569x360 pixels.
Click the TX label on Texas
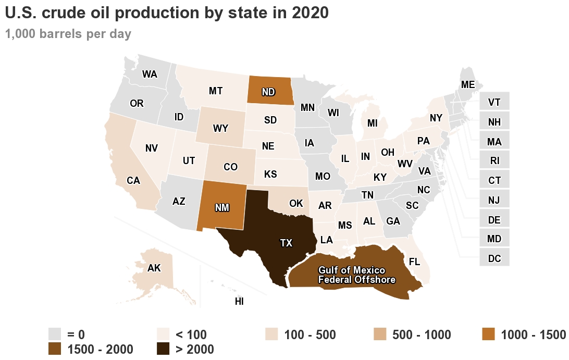pyautogui.click(x=286, y=243)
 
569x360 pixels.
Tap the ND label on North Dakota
pyautogui.click(x=268, y=92)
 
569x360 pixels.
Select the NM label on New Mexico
pyautogui.click(x=222, y=207)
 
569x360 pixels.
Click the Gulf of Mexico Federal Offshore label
pyautogui.click(x=357, y=275)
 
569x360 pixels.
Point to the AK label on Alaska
pyautogui.click(x=154, y=268)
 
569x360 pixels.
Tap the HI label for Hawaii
pyautogui.click(x=239, y=301)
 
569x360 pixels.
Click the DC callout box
pyautogui.click(x=494, y=258)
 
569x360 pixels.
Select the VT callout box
pyautogui.click(x=494, y=102)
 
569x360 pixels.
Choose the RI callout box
pyautogui.click(x=494, y=161)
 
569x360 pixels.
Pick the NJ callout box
pyautogui.click(x=494, y=200)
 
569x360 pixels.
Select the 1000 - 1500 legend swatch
pyautogui.click(x=488, y=334)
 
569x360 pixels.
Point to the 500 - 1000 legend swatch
pyautogui.click(x=380, y=334)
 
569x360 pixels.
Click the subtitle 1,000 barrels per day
pyautogui.click(x=68, y=34)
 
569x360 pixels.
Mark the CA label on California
pyautogui.click(x=133, y=181)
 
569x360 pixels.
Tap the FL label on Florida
pyautogui.click(x=415, y=261)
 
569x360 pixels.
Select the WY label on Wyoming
pyautogui.click(x=220, y=128)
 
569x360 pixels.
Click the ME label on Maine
pyautogui.click(x=467, y=84)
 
